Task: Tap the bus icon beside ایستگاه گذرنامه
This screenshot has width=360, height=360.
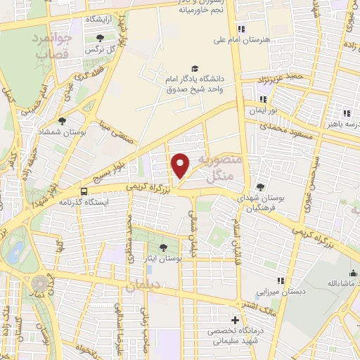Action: (84, 191)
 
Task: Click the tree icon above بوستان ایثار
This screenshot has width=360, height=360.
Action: (163, 247)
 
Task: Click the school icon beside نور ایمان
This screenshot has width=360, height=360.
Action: (262, 99)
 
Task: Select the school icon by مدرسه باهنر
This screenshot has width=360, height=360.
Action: (346, 113)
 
